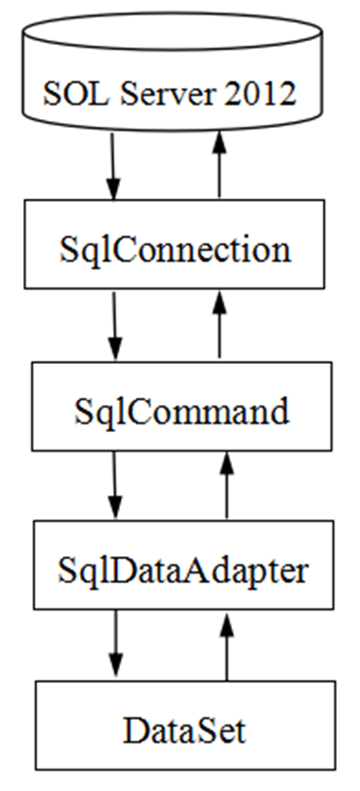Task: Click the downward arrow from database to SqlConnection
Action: [115, 164]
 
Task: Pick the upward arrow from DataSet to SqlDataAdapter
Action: [227, 644]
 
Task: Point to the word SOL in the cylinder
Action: [75, 94]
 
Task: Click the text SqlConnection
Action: [172, 250]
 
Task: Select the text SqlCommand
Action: [181, 411]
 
